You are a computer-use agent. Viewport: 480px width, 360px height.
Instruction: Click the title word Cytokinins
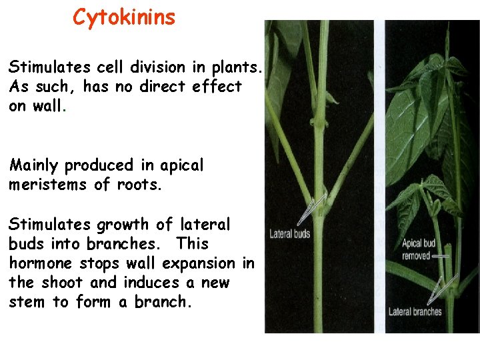[x=124, y=17]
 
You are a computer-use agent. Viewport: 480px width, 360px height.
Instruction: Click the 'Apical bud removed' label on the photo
[x=419, y=249]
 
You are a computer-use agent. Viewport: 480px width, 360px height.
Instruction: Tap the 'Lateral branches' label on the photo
[x=415, y=311]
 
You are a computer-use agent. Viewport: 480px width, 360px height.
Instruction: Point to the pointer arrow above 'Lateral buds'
[x=312, y=209]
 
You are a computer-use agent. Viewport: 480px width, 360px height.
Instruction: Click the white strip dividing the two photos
[x=379, y=173]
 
